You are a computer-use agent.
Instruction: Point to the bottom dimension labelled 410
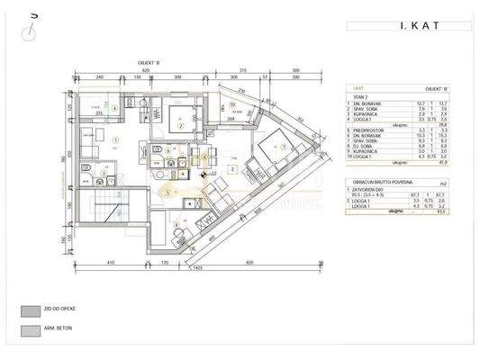108,262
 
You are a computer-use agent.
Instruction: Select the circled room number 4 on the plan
114,109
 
